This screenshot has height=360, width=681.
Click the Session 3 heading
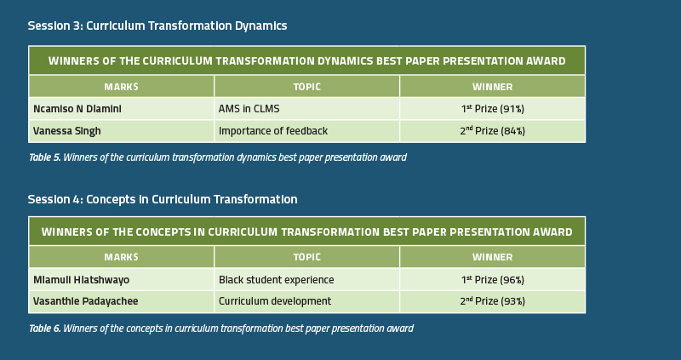point(157,26)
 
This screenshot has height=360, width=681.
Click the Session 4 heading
point(163,199)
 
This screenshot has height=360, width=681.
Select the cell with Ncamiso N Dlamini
point(121,109)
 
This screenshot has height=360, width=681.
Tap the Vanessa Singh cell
point(121,131)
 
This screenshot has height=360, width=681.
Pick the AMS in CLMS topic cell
point(306,109)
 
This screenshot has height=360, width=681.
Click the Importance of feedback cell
point(306,131)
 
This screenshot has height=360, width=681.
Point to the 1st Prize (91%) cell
point(493,109)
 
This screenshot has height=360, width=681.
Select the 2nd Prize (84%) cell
point(493,131)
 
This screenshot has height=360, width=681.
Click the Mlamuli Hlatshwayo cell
point(121,279)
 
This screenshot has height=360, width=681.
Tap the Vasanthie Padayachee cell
point(121,302)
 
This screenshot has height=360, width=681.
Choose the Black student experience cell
point(306,279)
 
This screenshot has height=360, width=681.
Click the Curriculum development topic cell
point(306,302)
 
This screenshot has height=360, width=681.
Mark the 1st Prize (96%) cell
point(493,279)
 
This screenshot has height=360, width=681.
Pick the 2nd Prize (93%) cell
point(493,302)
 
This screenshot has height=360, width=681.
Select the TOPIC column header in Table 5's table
point(306,87)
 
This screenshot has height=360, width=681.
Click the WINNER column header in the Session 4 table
point(493,257)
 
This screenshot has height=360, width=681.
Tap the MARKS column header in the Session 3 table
point(121,87)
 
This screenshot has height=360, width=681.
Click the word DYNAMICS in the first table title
point(345,60)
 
